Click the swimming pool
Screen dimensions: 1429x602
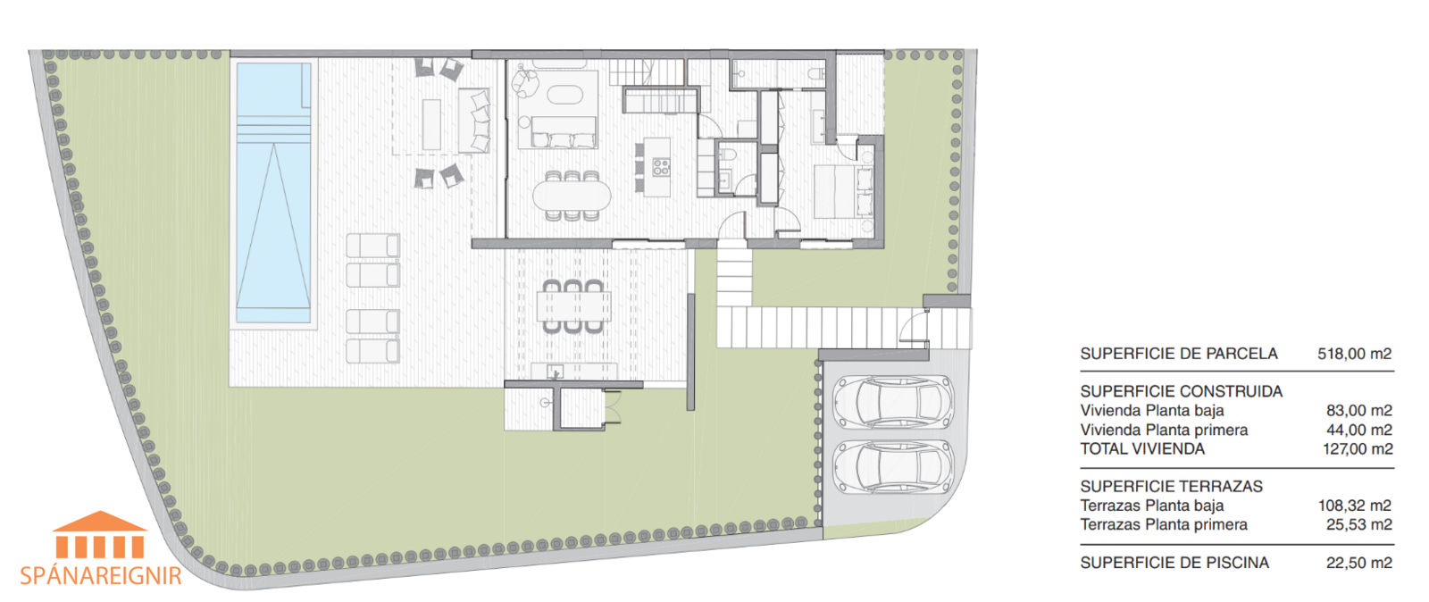click(x=273, y=192)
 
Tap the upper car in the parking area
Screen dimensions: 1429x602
click(x=893, y=402)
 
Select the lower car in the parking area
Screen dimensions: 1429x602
click(x=893, y=467)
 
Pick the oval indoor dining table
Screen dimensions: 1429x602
click(x=572, y=194)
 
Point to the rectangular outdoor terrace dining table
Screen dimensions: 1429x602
click(x=573, y=306)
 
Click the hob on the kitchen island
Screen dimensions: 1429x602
click(x=661, y=167)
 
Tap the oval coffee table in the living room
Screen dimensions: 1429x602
click(x=565, y=96)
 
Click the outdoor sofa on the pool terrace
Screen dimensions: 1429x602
click(x=474, y=120)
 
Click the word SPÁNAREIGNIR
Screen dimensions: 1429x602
click(x=101, y=576)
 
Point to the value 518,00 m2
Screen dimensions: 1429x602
click(x=1354, y=354)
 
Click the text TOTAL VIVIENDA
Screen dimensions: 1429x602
click(x=1142, y=449)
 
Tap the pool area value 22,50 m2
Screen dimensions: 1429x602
click(x=1358, y=563)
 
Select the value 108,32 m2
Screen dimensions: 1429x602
click(x=1354, y=506)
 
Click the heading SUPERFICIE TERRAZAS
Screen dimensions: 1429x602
click(x=1171, y=487)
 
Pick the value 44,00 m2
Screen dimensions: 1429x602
click(x=1358, y=430)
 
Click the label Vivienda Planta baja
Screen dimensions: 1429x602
click(x=1152, y=411)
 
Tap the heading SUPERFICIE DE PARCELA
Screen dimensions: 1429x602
click(x=1179, y=354)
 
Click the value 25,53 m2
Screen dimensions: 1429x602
click(x=1358, y=525)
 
